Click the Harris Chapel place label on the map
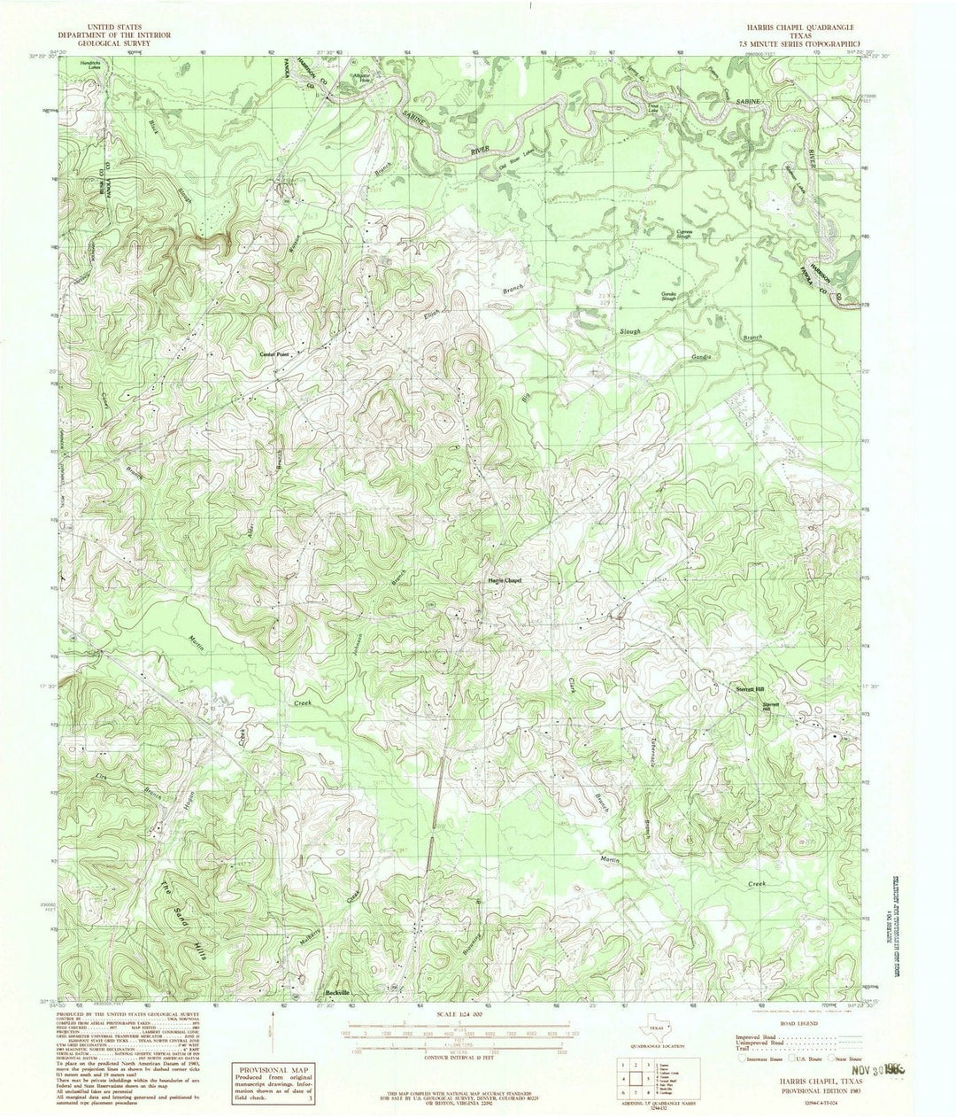click(x=505, y=581)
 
